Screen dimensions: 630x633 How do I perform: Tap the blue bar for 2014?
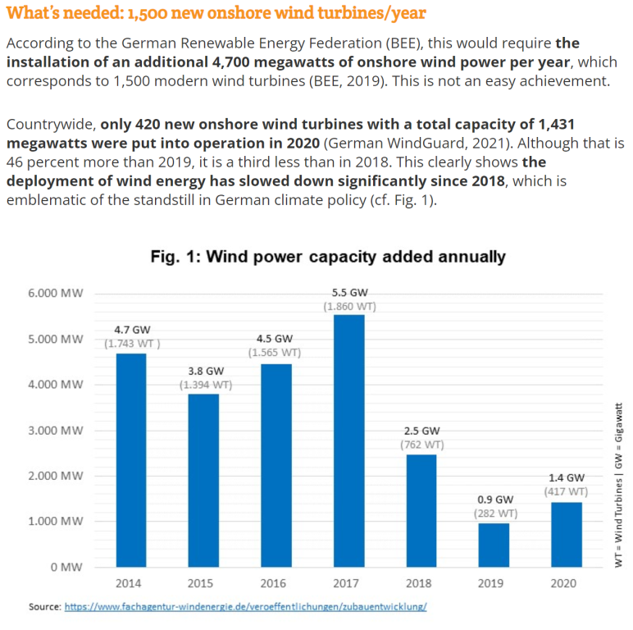(x=131, y=459)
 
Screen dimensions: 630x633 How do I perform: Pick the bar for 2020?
(x=565, y=534)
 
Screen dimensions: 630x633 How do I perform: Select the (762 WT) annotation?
(x=421, y=445)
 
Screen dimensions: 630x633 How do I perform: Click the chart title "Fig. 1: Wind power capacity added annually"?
(x=328, y=257)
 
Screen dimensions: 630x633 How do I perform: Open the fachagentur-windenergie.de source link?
(x=245, y=607)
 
